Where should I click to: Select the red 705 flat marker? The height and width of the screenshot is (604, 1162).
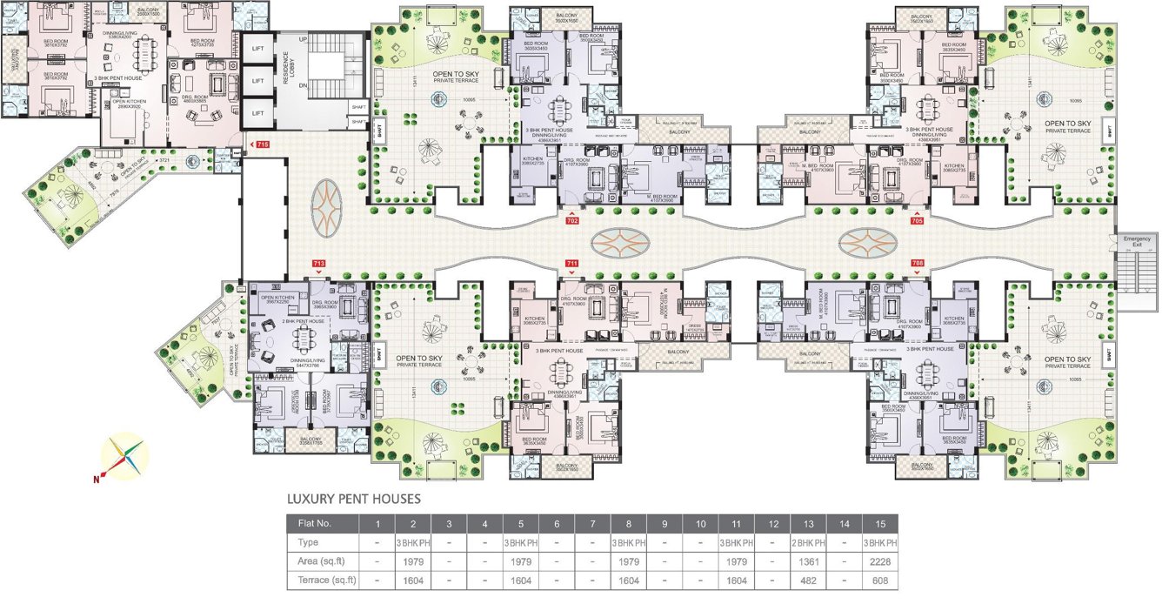point(917,221)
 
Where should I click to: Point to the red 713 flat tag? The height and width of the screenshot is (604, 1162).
point(319,262)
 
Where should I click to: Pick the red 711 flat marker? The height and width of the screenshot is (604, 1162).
point(571,262)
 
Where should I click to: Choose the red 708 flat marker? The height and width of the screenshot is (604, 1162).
point(917,262)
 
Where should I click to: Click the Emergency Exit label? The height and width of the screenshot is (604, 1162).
point(1136,242)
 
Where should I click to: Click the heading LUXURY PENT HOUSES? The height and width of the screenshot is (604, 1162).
point(354,500)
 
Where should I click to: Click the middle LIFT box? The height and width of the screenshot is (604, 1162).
point(257,81)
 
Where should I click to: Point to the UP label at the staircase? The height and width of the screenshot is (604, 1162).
point(302,41)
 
